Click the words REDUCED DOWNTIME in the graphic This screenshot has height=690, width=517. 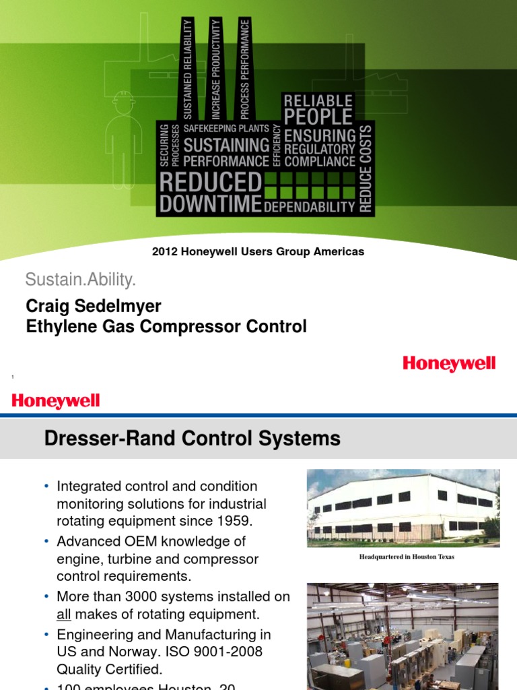pos(209,193)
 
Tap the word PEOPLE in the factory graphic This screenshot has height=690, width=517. pos(318,117)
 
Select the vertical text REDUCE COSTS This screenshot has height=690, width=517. pos(365,169)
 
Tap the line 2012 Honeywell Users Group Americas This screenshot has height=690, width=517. pos(258,251)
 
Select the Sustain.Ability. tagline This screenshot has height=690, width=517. pos(81,279)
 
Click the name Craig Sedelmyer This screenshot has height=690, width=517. pos(94,307)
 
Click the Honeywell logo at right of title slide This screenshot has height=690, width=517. pos(449,364)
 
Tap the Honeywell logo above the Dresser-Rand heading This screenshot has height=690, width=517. pos(56,402)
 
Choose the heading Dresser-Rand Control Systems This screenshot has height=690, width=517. pos(192,439)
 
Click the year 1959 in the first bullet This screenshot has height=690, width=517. pos(239,522)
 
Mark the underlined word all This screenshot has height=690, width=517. pos(65,614)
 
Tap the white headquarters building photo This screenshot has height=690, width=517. pos(403,507)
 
